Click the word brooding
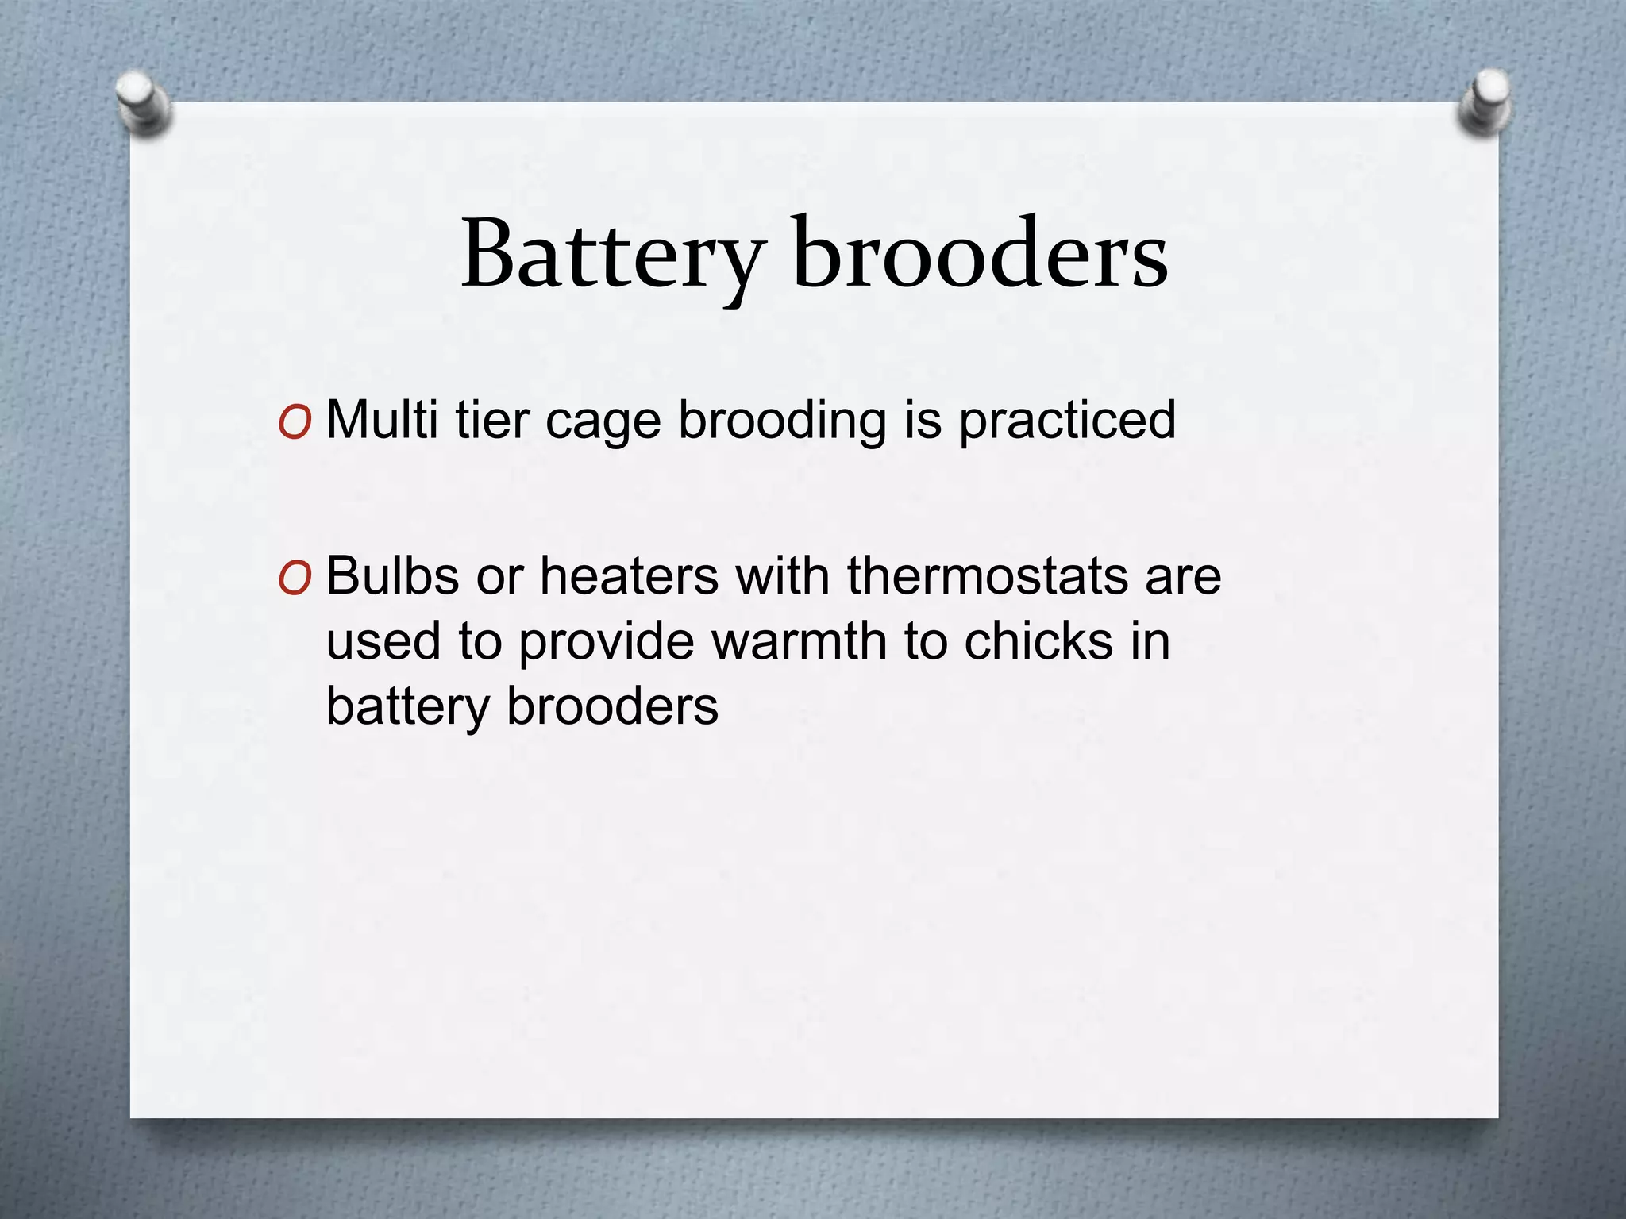(782, 421)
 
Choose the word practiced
(1067, 421)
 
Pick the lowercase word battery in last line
(406, 706)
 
